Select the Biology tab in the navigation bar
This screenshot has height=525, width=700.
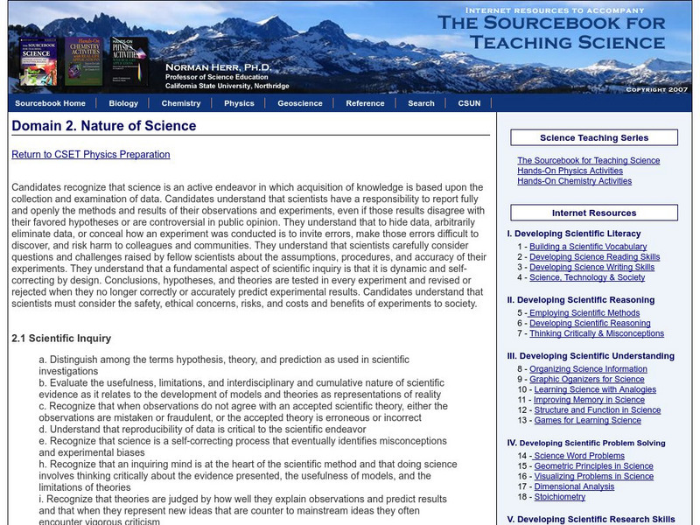(x=123, y=103)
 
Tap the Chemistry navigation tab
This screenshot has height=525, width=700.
(x=181, y=103)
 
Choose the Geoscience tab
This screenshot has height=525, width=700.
(x=300, y=103)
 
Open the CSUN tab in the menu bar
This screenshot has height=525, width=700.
(x=468, y=103)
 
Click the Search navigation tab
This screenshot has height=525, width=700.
(x=421, y=103)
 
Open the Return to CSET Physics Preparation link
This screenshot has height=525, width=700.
(x=91, y=155)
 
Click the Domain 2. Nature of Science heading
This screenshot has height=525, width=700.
(x=104, y=126)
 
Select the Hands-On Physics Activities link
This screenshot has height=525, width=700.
(x=570, y=171)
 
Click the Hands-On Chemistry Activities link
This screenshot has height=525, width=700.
(x=574, y=181)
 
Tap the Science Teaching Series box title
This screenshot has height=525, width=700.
(x=594, y=137)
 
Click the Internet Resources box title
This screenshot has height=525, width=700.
(x=594, y=213)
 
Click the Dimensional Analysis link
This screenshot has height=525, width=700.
(x=574, y=486)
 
